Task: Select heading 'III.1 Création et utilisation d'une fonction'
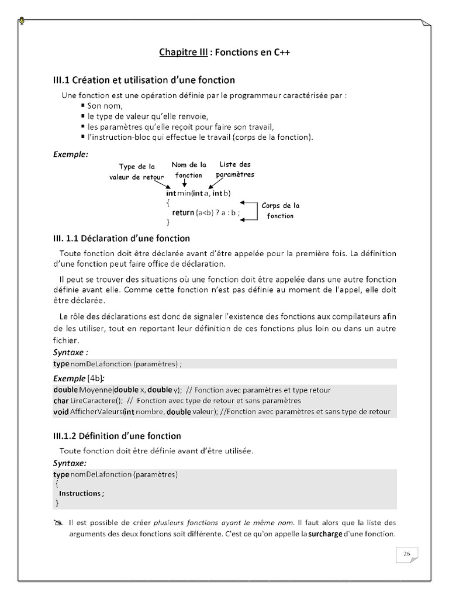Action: [144, 80]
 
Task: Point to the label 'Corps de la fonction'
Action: [280, 211]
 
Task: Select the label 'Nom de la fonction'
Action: [189, 170]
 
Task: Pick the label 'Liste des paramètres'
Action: [235, 170]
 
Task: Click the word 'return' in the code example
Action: [182, 212]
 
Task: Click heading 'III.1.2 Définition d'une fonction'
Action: [117, 436]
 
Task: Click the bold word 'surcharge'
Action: [325, 534]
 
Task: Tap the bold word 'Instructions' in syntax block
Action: [80, 493]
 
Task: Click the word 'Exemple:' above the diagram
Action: [70, 154]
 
